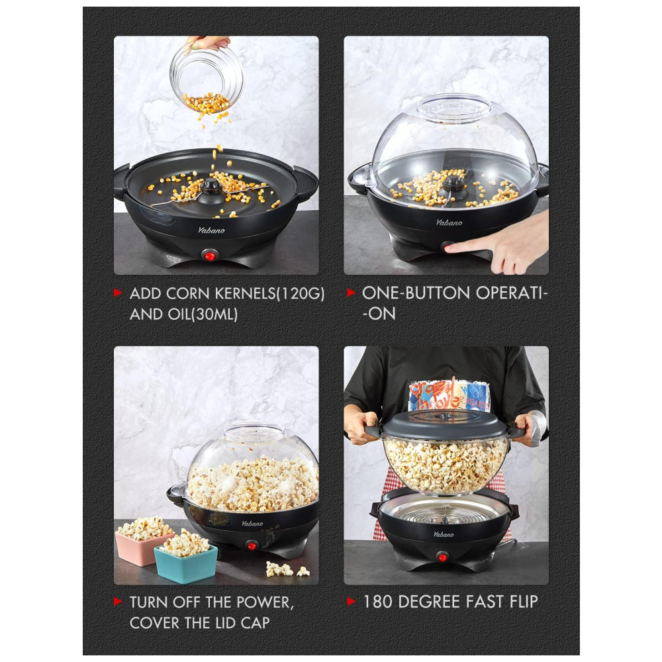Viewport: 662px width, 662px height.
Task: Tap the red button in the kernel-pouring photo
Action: click(210, 255)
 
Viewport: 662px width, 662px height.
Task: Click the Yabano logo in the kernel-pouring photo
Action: click(212, 230)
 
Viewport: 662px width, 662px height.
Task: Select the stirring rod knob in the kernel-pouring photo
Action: click(211, 186)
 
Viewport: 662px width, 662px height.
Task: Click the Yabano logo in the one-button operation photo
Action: click(449, 222)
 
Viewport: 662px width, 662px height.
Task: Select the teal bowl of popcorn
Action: click(186, 557)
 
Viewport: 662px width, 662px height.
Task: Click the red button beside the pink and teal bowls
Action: click(252, 545)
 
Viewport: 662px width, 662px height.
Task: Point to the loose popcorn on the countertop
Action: click(287, 570)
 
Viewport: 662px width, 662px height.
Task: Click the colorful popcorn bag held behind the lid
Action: click(449, 395)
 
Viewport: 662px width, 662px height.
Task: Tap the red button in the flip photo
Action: click(442, 557)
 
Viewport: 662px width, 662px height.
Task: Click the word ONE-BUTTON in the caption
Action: click(416, 293)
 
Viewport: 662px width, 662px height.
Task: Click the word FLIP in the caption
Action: click(524, 602)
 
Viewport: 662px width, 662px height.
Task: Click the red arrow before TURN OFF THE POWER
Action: click(118, 602)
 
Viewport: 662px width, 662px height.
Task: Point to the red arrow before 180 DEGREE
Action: click(351, 601)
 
